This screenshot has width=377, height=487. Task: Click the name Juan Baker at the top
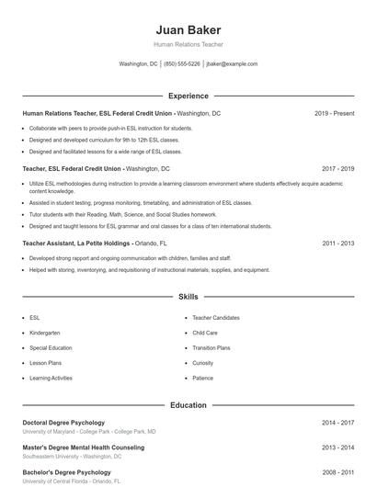click(x=188, y=29)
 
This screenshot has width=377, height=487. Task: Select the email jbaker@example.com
click(x=232, y=64)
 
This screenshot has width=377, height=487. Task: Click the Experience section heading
click(x=188, y=96)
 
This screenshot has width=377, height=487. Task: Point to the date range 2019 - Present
click(x=334, y=113)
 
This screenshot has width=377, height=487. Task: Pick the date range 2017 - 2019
click(x=337, y=169)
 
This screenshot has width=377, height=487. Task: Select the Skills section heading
click(x=188, y=297)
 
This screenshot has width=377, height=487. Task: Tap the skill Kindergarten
click(x=45, y=333)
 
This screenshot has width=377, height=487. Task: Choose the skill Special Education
click(x=51, y=348)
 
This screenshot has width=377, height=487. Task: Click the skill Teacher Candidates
click(x=216, y=318)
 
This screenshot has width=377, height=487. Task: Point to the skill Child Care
click(x=205, y=333)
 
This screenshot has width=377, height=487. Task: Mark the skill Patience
click(x=202, y=378)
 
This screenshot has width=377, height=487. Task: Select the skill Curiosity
click(x=203, y=363)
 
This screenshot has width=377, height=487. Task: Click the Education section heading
click(x=188, y=405)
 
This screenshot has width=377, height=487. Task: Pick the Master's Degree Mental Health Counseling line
click(x=83, y=447)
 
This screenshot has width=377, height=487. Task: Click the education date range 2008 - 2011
click(x=337, y=470)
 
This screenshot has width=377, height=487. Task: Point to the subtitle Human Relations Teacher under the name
click(x=188, y=44)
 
